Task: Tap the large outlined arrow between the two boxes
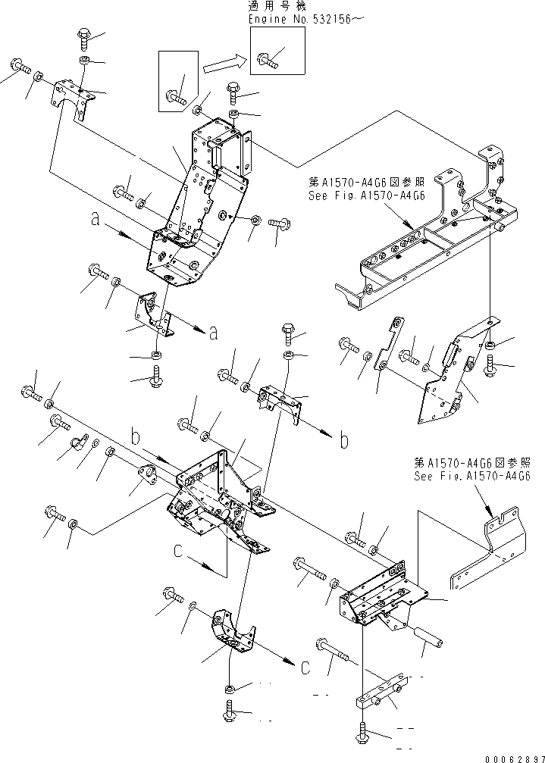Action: (x=225, y=63)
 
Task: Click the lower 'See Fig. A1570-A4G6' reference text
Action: (x=471, y=477)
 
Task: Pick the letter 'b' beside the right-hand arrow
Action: (x=345, y=440)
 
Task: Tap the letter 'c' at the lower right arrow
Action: (x=305, y=668)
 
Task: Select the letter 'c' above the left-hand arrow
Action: (x=177, y=552)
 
